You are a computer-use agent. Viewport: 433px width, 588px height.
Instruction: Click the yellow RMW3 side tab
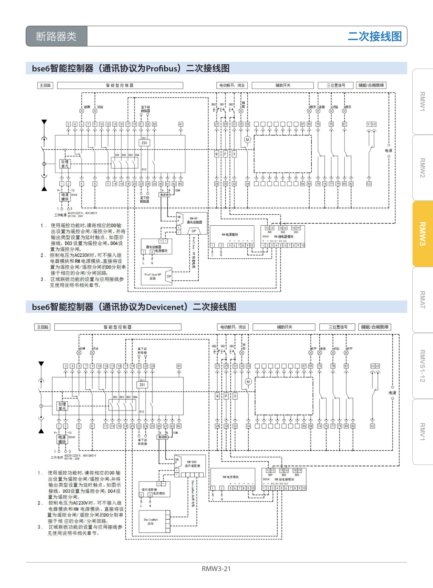click(x=422, y=234)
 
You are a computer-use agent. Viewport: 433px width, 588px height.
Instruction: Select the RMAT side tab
click(x=422, y=300)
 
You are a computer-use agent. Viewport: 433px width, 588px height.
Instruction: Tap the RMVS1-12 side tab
click(x=422, y=366)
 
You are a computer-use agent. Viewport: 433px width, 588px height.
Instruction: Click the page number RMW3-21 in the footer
click(x=216, y=569)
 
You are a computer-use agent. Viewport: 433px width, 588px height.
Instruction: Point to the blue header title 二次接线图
click(x=375, y=36)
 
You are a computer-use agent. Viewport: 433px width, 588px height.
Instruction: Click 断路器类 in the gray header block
click(x=56, y=36)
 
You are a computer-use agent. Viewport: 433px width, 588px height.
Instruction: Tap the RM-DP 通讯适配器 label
click(x=194, y=220)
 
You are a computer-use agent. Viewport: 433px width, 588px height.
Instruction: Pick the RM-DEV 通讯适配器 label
click(x=192, y=464)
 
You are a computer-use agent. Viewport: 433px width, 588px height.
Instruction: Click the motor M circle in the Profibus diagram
click(x=247, y=140)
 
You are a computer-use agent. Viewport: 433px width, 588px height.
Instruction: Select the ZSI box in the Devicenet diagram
click(x=142, y=385)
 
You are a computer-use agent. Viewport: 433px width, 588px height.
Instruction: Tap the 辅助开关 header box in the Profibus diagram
click(x=283, y=85)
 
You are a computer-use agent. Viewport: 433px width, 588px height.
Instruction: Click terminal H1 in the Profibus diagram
click(x=181, y=124)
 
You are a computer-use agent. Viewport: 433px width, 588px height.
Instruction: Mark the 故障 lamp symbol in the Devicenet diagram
click(x=79, y=353)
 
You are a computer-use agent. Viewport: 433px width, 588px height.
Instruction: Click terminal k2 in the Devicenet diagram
click(x=372, y=426)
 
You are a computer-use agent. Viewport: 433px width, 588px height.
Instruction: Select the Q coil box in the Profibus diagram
click(x=216, y=154)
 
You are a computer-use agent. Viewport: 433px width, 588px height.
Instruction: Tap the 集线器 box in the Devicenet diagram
click(x=162, y=437)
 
